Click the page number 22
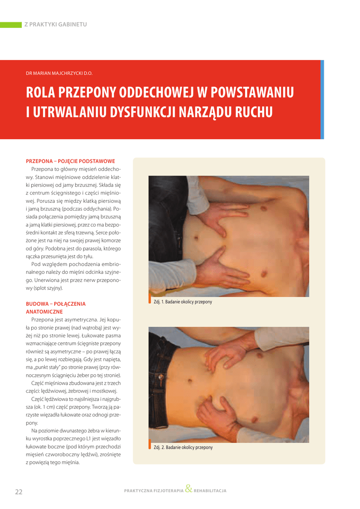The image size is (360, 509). [19, 492]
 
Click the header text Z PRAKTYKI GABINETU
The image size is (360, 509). [56, 24]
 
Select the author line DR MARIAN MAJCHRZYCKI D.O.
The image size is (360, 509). [59, 73]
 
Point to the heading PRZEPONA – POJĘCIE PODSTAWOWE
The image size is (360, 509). [70, 161]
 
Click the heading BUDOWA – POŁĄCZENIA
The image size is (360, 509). [56, 304]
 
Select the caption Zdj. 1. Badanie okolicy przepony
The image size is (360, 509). [183, 302]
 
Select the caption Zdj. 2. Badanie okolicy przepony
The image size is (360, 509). [183, 447]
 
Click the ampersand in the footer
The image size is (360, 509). [188, 489]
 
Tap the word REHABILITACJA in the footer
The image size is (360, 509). [210, 491]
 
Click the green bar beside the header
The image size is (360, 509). [10, 24]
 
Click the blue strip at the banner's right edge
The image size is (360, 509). [322, 99]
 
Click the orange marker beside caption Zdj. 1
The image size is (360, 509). [150, 301]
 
